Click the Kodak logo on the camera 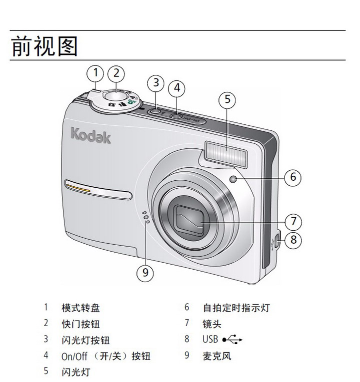pyautogui.click(x=90, y=136)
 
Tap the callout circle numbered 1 pyautogui.click(x=95, y=73)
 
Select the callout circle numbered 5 pyautogui.click(x=227, y=100)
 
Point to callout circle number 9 pyautogui.click(x=145, y=273)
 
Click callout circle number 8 pyautogui.click(x=293, y=240)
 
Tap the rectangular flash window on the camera pyautogui.click(x=226, y=154)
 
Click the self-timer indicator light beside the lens pyautogui.click(x=233, y=180)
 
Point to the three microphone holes pyautogui.click(x=145, y=217)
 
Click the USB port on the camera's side pyautogui.click(x=276, y=241)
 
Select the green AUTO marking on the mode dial pyautogui.click(x=131, y=101)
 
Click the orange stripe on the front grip pyautogui.click(x=78, y=188)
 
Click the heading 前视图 pyautogui.click(x=44, y=46)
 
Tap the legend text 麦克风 pyautogui.click(x=217, y=356)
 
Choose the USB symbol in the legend pyautogui.click(x=232, y=340)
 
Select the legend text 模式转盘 pyautogui.click(x=80, y=308)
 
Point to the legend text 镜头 pyautogui.click(x=212, y=324)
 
